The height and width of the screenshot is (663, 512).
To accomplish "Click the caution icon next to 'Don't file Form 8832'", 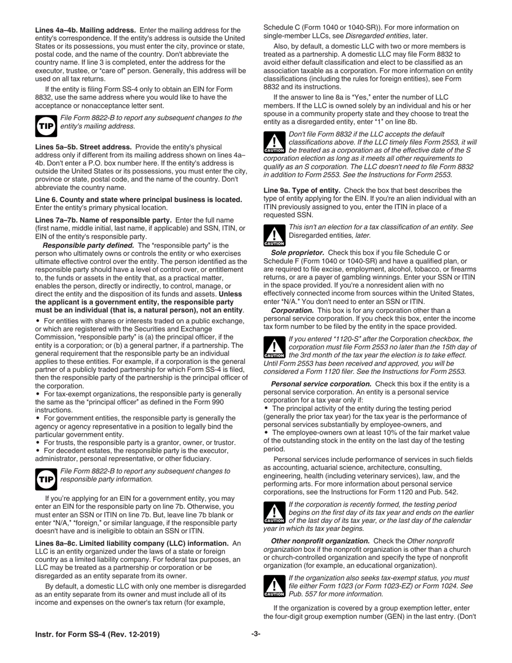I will tap(274, 143).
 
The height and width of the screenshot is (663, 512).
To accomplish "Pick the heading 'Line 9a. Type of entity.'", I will tap(302, 190).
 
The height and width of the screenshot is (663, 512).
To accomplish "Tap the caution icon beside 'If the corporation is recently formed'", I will tap(274, 514).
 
